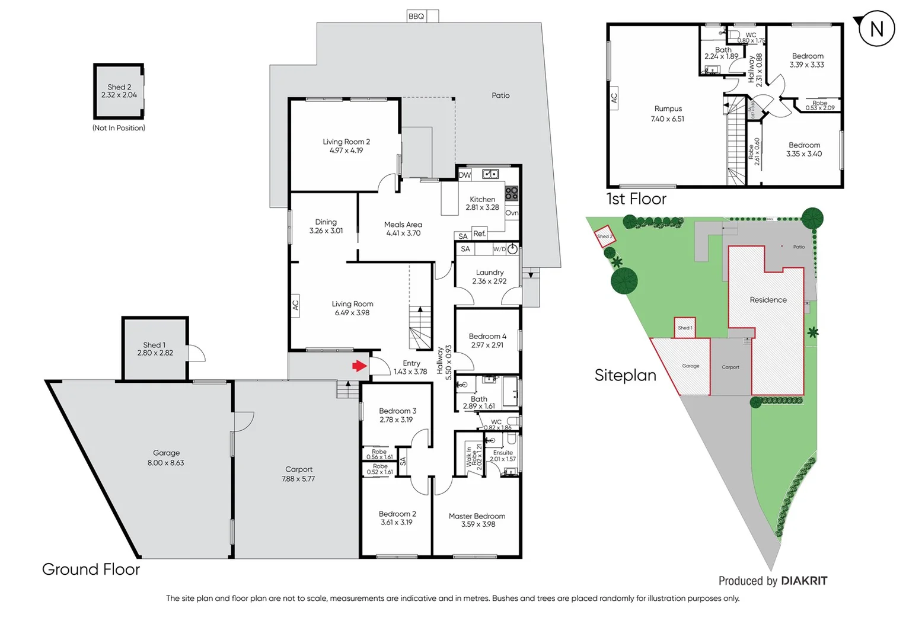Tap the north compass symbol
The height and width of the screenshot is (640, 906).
(876, 29)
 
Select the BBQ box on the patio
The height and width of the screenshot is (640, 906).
(416, 16)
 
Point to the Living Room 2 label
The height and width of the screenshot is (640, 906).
(346, 142)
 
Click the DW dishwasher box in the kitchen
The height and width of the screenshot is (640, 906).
(465, 175)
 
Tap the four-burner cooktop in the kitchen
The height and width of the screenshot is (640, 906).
(512, 193)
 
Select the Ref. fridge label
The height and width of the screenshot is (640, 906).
(479, 233)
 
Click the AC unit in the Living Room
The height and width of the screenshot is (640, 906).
(295, 305)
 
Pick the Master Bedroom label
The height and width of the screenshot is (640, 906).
(477, 516)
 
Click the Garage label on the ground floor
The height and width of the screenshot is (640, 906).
(166, 453)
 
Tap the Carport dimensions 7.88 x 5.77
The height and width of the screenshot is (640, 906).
(298, 479)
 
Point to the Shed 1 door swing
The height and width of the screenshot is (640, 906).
(197, 353)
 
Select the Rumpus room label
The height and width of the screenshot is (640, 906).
(668, 108)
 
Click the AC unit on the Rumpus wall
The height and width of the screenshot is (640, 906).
(614, 98)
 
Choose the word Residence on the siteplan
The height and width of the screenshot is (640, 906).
(768, 300)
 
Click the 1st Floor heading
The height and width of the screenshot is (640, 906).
(636, 199)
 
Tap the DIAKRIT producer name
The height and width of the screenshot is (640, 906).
(804, 581)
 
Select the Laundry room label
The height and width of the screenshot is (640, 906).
(490, 273)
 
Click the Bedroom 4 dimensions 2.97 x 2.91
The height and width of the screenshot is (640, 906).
(487, 345)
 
